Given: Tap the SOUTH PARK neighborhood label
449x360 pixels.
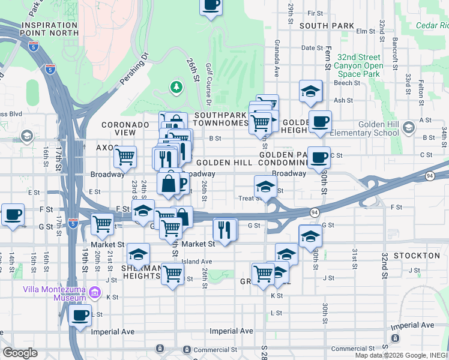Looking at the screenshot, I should point(327,26).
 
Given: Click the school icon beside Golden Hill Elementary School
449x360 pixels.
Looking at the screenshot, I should point(409,127).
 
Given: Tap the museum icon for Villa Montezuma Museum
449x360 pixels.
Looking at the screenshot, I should point(94,293).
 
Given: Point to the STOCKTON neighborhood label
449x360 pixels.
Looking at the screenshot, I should point(417,256).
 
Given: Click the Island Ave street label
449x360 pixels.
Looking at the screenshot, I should point(197,262).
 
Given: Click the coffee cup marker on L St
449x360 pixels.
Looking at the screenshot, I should point(80,316).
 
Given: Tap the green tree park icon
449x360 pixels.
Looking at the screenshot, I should point(176,88).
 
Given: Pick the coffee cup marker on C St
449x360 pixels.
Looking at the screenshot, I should point(319,158).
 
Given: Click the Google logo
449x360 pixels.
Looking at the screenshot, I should point(20,353).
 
